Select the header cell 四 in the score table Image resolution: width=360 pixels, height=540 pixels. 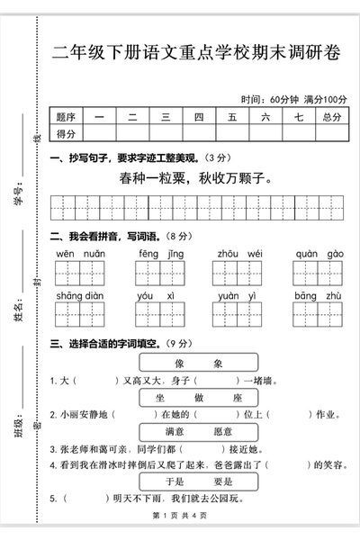tap(199, 117)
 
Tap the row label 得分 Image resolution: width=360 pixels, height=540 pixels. tap(66, 133)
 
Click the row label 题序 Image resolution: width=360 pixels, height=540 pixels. tap(66, 117)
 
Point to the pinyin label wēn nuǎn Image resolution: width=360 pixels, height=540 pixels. tap(80, 254)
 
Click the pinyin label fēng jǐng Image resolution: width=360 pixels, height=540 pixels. tap(161, 254)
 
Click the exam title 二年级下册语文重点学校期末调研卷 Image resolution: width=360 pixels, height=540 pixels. tap(196, 53)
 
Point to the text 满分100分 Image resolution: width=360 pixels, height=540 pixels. tap(325, 98)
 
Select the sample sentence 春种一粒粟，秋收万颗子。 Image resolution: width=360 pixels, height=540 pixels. tap(195, 178)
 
